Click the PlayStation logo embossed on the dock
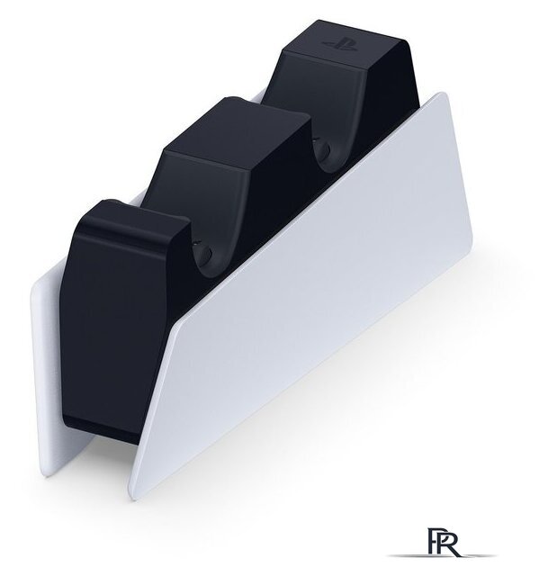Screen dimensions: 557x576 click(339, 44)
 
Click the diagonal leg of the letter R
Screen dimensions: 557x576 click(454, 550)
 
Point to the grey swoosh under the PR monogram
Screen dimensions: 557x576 click(442, 555)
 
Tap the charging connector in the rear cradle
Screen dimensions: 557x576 click(325, 149)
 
